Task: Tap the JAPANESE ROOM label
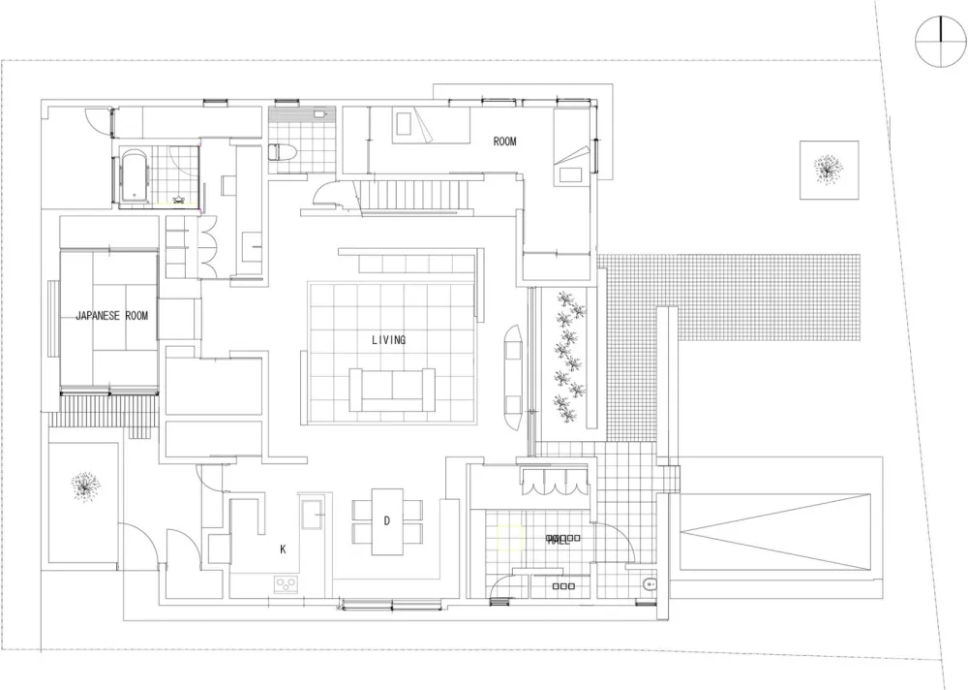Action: (112, 316)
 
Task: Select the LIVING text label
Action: (388, 339)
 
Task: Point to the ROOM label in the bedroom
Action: (504, 141)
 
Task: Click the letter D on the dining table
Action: (386, 521)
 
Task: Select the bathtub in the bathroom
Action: (133, 177)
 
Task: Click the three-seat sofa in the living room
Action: (392, 389)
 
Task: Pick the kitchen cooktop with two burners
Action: (287, 583)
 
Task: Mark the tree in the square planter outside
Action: (828, 170)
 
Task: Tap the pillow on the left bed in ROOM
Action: (404, 124)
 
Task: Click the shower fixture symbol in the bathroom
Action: (179, 199)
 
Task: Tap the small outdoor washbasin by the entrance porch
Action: (649, 584)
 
